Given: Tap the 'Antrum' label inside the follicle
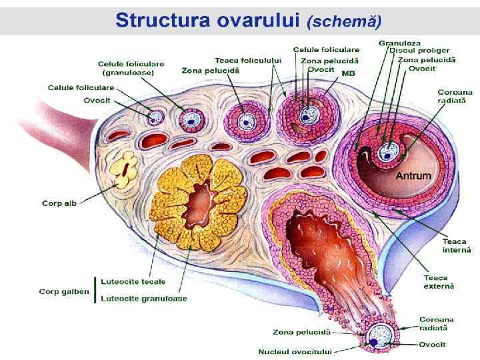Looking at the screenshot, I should pos(413,176).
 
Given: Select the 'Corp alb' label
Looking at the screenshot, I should pos(59,203).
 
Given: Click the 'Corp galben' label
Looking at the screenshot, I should pos(64,291).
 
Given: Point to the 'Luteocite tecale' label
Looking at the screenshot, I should pos(133,282).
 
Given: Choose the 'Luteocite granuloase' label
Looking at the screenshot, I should pos(144,299).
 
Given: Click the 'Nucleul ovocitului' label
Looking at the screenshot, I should pos(295,351).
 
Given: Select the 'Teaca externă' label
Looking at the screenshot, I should pos(439,281).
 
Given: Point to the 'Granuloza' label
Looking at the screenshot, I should pos(399,43).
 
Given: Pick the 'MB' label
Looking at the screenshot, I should pos(348,73).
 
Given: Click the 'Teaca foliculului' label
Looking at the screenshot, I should pos(248,60).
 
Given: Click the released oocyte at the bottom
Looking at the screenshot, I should pos(382,335).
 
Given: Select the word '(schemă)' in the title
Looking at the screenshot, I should pos(344,21).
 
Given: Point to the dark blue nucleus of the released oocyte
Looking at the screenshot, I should pos(375,342).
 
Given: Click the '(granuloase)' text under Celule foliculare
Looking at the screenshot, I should pos(127,72).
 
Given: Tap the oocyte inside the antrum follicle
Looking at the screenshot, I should pos(387,152).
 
